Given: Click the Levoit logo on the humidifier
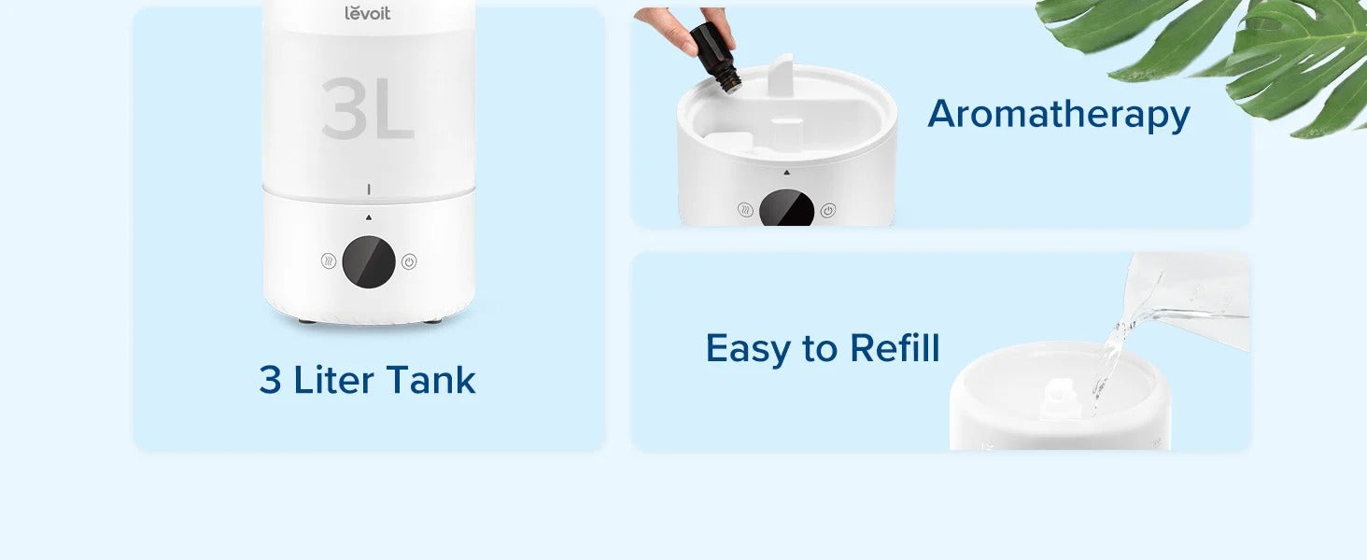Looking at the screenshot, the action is click(x=367, y=13).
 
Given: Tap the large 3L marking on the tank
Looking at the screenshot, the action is click(x=367, y=108).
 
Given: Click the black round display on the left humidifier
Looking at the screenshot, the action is click(x=369, y=261).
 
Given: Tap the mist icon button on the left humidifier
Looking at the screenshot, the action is click(x=329, y=261).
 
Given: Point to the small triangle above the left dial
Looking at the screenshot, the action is click(x=369, y=217).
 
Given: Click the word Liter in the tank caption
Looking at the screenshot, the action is click(x=333, y=380).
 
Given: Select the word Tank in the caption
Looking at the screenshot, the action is click(x=430, y=380).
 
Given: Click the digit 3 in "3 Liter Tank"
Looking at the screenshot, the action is click(x=271, y=380).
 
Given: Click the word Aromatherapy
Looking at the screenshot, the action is click(x=1059, y=115).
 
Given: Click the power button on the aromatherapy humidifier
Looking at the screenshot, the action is click(x=828, y=210).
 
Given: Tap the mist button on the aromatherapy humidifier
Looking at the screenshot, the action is click(x=745, y=210).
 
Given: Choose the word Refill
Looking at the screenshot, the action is click(x=895, y=348).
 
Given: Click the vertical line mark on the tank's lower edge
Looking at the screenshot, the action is click(x=369, y=189).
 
